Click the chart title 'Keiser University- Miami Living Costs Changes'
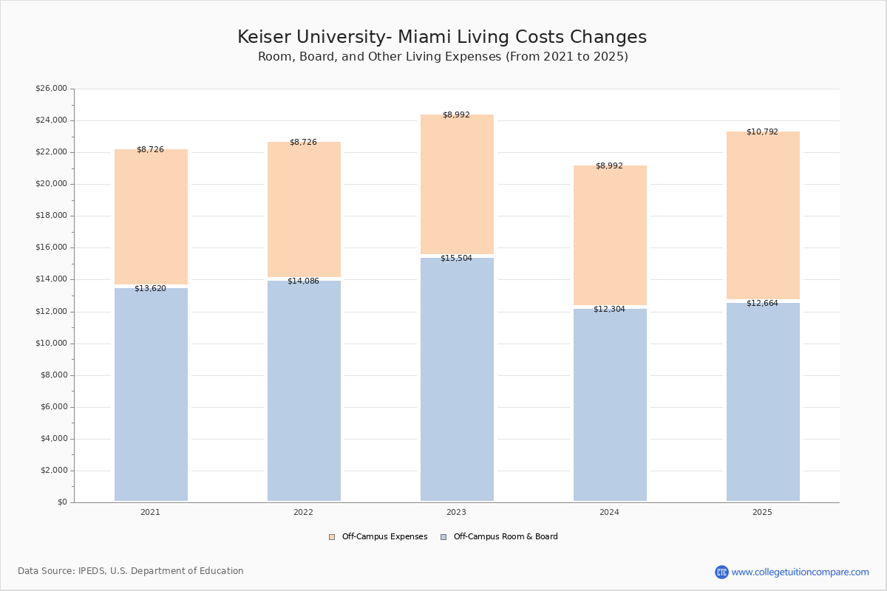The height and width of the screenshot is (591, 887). click(x=442, y=37)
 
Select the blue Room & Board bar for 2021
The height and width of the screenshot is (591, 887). click(x=151, y=394)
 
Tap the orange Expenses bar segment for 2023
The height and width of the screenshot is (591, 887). click(x=457, y=184)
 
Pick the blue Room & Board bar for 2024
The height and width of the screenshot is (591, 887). click(x=610, y=405)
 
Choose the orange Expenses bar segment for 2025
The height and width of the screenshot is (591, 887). click(x=763, y=215)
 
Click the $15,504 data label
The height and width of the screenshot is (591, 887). click(x=456, y=258)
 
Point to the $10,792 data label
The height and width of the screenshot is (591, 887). click(x=762, y=131)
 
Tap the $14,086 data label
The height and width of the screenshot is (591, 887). click(x=303, y=281)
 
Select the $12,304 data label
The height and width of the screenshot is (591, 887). click(x=609, y=309)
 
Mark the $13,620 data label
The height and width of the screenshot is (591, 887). click(x=151, y=289)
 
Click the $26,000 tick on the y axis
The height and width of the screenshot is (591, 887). click(x=52, y=88)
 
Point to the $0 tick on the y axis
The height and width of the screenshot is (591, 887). click(x=63, y=502)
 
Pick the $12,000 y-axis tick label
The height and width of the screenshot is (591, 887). click(x=52, y=312)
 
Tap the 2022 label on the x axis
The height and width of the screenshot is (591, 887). click(x=303, y=512)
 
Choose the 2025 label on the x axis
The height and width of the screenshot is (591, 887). click(x=762, y=512)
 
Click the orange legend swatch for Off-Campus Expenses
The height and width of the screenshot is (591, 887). click(x=332, y=537)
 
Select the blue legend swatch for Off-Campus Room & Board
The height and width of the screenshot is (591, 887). click(x=443, y=537)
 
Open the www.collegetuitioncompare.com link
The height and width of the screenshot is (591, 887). click(x=800, y=572)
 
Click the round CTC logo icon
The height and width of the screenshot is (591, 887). click(x=721, y=572)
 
